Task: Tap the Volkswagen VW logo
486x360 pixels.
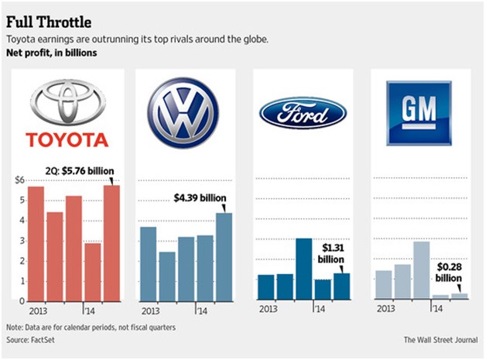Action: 184,113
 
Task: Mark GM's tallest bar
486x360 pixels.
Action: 421,270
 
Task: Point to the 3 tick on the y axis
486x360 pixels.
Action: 22,240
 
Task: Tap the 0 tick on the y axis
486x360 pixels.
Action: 22,300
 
